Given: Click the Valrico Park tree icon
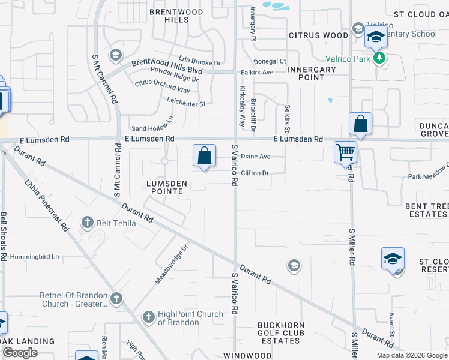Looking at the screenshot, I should click(x=379, y=58).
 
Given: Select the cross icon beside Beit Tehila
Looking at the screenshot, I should click(x=87, y=223).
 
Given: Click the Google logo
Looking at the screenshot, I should click(x=20, y=353).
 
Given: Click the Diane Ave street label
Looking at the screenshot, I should click(x=256, y=157).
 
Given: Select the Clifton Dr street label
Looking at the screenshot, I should click(x=254, y=173).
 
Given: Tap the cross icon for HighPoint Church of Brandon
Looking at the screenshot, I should click(x=148, y=316).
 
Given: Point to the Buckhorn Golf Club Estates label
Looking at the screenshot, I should click(x=281, y=333).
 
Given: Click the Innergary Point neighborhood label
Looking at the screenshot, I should click(x=311, y=73).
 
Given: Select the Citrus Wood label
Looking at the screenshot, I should click(x=318, y=35).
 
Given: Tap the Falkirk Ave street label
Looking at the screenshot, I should click(x=256, y=72).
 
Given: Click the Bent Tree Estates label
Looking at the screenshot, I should click(x=426, y=210).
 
